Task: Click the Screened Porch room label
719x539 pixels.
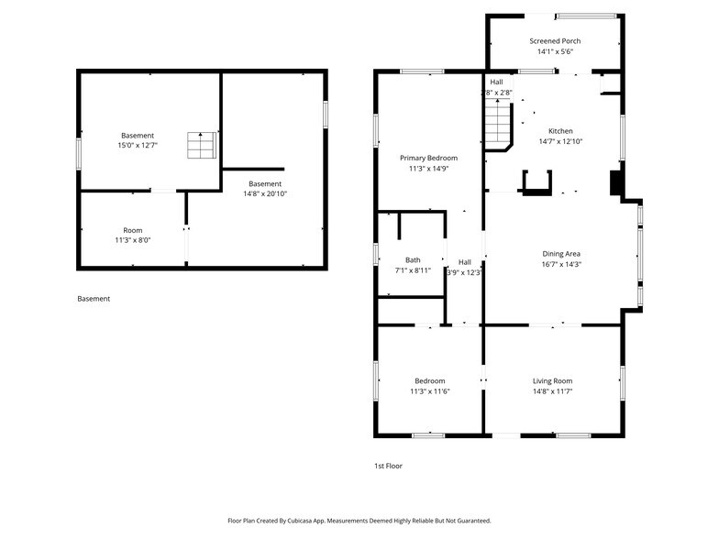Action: click(x=555, y=41)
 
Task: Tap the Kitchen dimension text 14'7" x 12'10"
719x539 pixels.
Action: click(x=560, y=142)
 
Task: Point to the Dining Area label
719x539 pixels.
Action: click(x=560, y=254)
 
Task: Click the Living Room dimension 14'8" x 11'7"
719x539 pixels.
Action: click(x=552, y=391)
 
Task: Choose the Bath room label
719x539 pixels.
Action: click(x=413, y=259)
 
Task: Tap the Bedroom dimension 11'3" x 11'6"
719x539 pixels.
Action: click(x=429, y=391)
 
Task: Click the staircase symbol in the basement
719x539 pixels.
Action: click(x=201, y=146)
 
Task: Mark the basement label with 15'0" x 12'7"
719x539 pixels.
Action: click(x=138, y=146)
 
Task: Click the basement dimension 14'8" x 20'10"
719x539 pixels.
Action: click(x=265, y=193)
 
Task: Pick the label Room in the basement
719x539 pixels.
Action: click(x=133, y=230)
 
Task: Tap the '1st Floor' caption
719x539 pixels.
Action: click(x=388, y=466)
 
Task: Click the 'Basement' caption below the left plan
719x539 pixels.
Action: click(x=94, y=299)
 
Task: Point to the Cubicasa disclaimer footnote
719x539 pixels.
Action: click(x=359, y=520)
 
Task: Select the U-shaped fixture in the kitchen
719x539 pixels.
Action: click(x=536, y=183)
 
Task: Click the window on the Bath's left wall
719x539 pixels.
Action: click(x=376, y=254)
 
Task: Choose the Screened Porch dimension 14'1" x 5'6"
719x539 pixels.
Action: click(x=555, y=52)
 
